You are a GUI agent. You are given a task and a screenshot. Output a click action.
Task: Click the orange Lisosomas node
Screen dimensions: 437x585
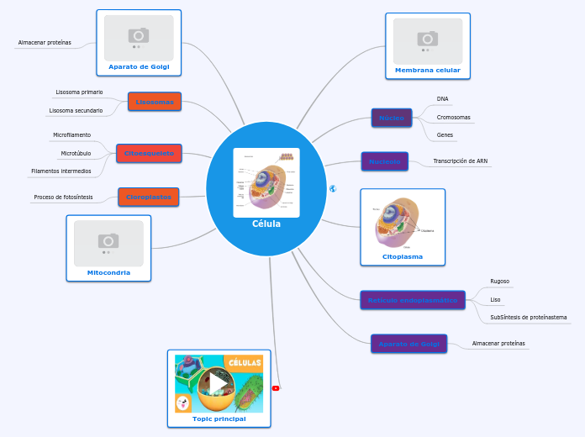[155, 102]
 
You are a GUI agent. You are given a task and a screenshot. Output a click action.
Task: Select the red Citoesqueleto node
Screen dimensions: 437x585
[149, 154]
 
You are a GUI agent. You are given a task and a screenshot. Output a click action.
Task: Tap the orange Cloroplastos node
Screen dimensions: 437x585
[148, 197]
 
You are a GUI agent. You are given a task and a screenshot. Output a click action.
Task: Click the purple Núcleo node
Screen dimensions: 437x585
[392, 118]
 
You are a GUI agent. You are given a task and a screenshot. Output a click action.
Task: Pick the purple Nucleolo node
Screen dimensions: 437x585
[384, 161]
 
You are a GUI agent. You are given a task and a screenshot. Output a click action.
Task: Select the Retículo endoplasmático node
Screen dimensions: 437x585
[412, 299]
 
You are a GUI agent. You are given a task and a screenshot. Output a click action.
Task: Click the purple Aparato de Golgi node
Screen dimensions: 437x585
[408, 344]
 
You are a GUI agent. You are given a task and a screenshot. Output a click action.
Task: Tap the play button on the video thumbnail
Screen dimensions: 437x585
[219, 383]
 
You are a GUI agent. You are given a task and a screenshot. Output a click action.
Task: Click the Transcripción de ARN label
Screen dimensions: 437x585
[460, 161]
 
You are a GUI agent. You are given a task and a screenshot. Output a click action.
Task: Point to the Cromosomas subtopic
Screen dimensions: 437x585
[453, 118]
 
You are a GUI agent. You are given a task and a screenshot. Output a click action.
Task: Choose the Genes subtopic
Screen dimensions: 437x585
[445, 134]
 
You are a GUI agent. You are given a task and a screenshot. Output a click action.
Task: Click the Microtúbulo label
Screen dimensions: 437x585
[76, 154]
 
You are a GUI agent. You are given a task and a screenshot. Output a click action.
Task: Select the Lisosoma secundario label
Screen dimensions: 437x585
[76, 110]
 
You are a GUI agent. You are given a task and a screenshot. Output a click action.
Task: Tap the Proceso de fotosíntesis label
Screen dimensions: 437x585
[63, 197]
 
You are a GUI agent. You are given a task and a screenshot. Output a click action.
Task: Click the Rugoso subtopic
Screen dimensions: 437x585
[499, 282]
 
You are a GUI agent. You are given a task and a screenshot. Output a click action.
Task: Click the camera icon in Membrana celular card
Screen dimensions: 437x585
[428, 39]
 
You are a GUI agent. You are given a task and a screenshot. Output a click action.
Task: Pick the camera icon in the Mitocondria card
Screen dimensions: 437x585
[108, 240]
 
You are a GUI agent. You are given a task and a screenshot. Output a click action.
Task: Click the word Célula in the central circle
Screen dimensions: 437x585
[266, 224]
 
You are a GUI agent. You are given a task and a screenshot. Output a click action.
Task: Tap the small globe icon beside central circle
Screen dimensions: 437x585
[334, 189]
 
